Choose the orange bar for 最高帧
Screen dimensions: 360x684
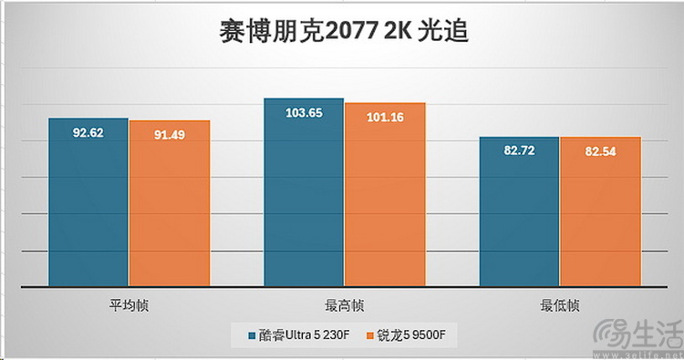(x=385, y=196)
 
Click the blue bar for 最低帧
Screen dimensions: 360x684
(x=519, y=214)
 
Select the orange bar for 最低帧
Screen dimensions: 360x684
(x=600, y=214)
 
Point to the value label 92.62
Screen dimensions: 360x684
(x=88, y=133)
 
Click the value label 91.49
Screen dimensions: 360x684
(x=170, y=136)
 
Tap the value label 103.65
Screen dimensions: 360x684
(x=304, y=113)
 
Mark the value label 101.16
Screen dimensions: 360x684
(x=385, y=118)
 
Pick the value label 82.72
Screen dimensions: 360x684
(x=519, y=150)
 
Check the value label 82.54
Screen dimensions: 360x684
(x=600, y=151)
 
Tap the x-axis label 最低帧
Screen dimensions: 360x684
(x=559, y=304)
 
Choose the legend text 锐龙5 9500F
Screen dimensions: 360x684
(x=412, y=335)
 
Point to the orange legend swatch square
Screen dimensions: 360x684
(x=371, y=335)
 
